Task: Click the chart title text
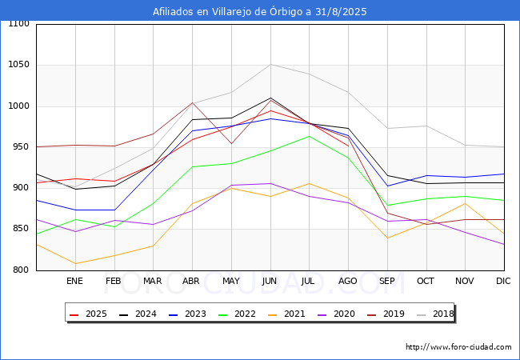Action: coord(260,11)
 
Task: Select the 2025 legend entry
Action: coord(88,314)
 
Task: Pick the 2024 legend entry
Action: coord(137,314)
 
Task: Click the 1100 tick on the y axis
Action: coord(18,24)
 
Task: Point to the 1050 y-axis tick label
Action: coord(18,65)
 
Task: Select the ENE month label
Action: coord(74,281)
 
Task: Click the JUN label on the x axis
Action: coord(270,281)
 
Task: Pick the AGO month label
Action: coord(348,281)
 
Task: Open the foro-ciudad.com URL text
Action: coord(458,347)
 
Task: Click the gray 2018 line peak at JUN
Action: coord(270,65)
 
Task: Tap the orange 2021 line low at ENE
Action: coord(74,263)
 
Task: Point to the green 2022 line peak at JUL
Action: coord(309,136)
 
